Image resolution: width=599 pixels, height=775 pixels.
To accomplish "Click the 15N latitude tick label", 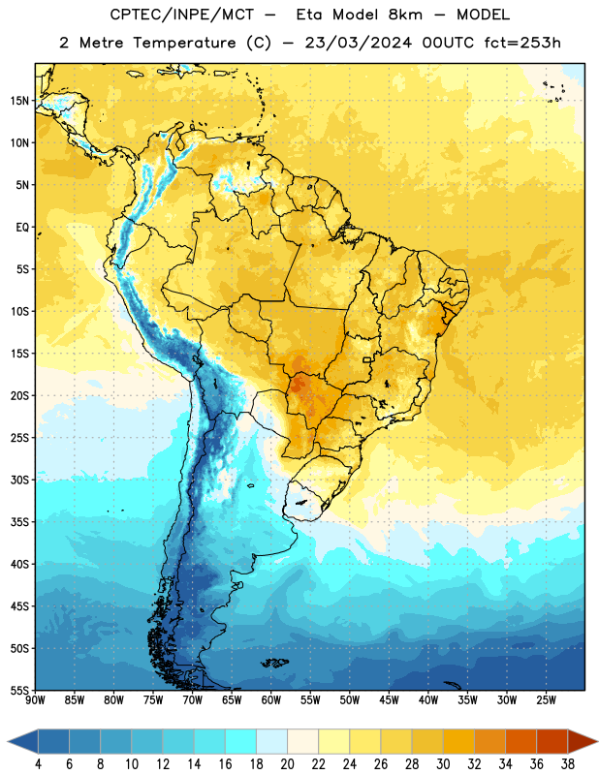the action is coord(19,101).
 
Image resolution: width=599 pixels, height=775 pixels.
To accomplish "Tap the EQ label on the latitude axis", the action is coord(22,228).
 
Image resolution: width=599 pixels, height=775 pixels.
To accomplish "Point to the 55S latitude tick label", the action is coord(19,690).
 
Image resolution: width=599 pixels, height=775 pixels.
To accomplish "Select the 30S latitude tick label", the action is coord(19,480).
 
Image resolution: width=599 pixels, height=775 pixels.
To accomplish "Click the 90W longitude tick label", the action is coord(35,700).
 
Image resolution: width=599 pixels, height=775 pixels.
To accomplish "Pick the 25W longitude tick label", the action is coord(546,700).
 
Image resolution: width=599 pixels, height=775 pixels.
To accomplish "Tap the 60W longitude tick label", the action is coord(271,700).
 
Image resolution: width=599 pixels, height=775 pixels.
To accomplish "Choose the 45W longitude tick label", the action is coord(389,700).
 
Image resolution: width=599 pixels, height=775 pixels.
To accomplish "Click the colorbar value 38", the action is coord(568,764).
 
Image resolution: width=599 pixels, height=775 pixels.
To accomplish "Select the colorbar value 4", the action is coord(38,764).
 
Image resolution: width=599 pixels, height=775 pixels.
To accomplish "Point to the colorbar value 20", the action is coord(287,764).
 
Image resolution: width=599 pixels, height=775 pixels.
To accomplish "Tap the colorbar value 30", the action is coord(443,764).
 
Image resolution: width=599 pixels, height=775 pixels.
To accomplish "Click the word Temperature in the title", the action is coord(184,43).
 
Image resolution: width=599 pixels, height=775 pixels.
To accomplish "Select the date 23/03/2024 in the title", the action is coord(358,43).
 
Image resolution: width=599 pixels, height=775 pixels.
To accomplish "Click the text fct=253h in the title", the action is coord(522,43).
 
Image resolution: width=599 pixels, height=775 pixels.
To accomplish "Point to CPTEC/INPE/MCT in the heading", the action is coord(182,15).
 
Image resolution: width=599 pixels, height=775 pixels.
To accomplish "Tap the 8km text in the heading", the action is coord(405,15).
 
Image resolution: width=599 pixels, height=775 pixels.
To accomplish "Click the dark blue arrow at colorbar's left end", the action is coord(22,742).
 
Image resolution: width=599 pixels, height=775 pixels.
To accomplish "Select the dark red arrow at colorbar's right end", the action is coord(583,742).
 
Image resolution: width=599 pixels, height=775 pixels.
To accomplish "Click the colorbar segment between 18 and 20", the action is coord(272,742).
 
